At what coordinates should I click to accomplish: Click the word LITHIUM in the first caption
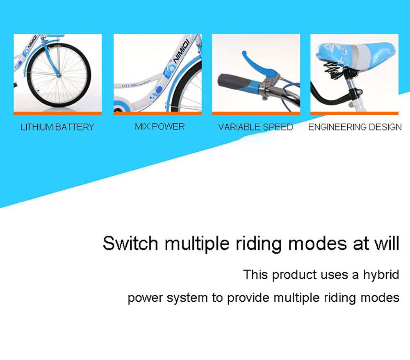point(37,127)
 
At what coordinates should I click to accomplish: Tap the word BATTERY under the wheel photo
point(75,127)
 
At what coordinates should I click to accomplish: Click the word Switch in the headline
point(130,243)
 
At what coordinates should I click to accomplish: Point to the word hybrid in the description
point(381,275)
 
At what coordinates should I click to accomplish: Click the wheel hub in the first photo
point(59,76)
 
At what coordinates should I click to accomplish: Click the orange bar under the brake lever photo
point(256,113)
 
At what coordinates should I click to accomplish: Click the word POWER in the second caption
point(169,126)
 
